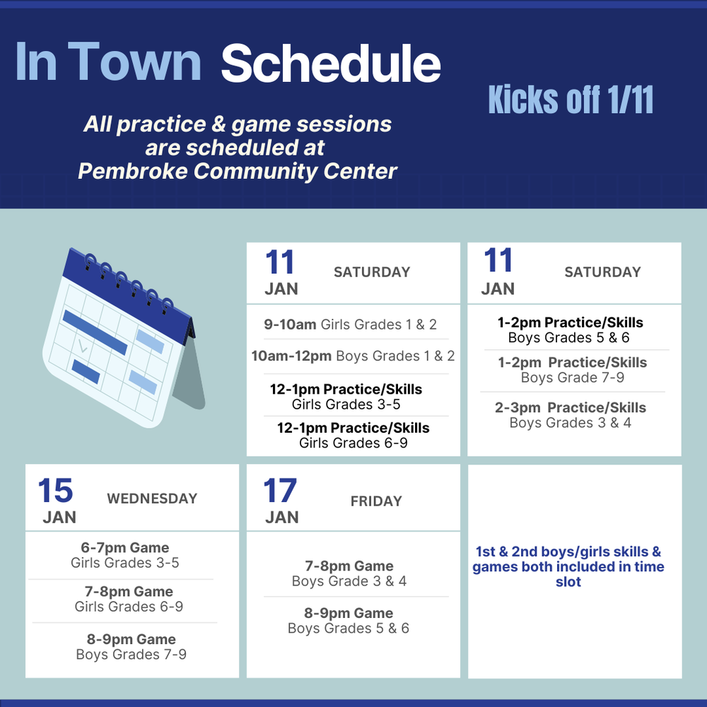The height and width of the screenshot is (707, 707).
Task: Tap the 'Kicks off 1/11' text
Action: (x=571, y=100)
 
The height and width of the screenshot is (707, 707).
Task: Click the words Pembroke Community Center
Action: (x=237, y=171)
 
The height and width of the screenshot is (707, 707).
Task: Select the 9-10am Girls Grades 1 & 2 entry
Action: (x=351, y=325)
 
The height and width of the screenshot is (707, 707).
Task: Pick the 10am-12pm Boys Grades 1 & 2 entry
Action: (x=353, y=356)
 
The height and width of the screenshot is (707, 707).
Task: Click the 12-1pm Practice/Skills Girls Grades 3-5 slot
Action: (x=346, y=397)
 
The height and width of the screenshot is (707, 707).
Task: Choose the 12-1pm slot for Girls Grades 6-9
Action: (x=353, y=435)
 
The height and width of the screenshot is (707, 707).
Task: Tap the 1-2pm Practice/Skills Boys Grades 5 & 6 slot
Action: (x=570, y=329)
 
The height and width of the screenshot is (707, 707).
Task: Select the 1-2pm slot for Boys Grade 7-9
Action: (x=572, y=370)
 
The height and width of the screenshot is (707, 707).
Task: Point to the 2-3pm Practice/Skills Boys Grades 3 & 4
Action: (x=571, y=415)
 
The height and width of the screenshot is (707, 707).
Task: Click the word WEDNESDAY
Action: (x=152, y=498)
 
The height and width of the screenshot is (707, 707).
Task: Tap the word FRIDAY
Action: (x=376, y=501)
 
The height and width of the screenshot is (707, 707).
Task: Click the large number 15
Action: (x=55, y=490)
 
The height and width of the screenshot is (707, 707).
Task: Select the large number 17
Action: (x=280, y=490)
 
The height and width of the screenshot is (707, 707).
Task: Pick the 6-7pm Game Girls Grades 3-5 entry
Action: (x=125, y=555)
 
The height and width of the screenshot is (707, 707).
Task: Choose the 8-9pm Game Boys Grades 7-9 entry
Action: (x=132, y=647)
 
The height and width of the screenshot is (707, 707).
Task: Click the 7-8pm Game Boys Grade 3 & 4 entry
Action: (x=349, y=573)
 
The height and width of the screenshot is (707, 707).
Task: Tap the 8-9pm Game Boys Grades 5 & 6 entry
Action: (x=349, y=621)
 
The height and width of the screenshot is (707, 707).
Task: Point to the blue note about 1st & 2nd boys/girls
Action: (x=568, y=566)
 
